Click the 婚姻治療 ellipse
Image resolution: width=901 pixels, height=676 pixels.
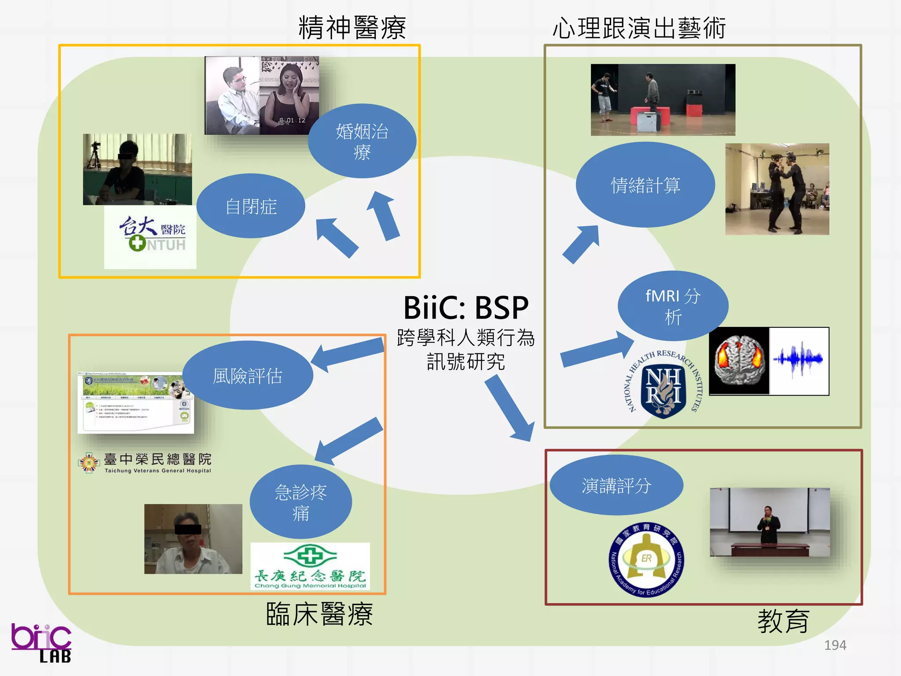click(x=362, y=141)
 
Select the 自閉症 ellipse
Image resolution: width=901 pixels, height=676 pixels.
click(x=251, y=206)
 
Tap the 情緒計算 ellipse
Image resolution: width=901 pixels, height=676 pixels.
click(x=645, y=185)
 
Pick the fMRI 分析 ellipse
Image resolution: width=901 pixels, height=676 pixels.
click(x=673, y=306)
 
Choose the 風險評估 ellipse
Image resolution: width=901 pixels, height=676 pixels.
click(x=247, y=375)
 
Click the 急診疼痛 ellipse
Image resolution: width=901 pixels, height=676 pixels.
click(x=300, y=502)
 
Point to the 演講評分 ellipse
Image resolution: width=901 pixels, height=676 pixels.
click(x=616, y=485)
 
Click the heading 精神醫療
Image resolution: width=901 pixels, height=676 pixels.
click(x=352, y=27)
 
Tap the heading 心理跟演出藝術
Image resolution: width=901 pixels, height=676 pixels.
click(x=639, y=28)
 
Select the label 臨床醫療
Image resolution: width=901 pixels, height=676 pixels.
click(x=319, y=614)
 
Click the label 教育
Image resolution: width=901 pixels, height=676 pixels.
click(x=783, y=621)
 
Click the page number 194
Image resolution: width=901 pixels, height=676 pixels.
click(x=835, y=645)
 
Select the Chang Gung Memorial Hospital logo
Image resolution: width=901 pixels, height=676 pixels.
click(x=310, y=566)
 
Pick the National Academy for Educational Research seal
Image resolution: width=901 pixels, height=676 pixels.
click(x=646, y=559)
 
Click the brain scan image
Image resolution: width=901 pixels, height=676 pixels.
click(x=740, y=361)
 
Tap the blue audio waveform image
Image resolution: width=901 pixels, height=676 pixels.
click(x=798, y=361)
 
